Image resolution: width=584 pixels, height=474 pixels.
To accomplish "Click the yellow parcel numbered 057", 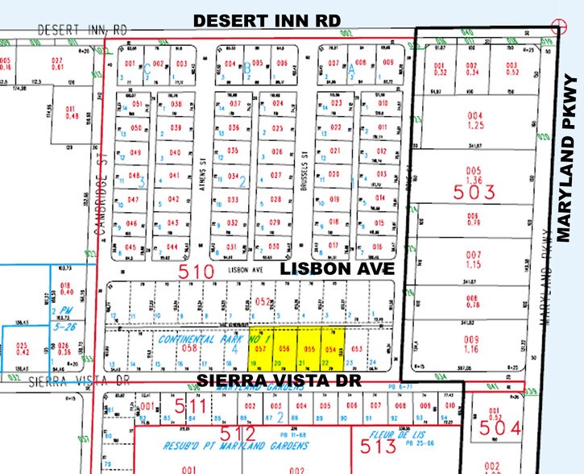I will coord(260,348).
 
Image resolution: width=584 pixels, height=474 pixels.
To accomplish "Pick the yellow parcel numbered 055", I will coord(309,348).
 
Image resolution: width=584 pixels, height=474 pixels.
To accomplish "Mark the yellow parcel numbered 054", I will coord(332,348).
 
